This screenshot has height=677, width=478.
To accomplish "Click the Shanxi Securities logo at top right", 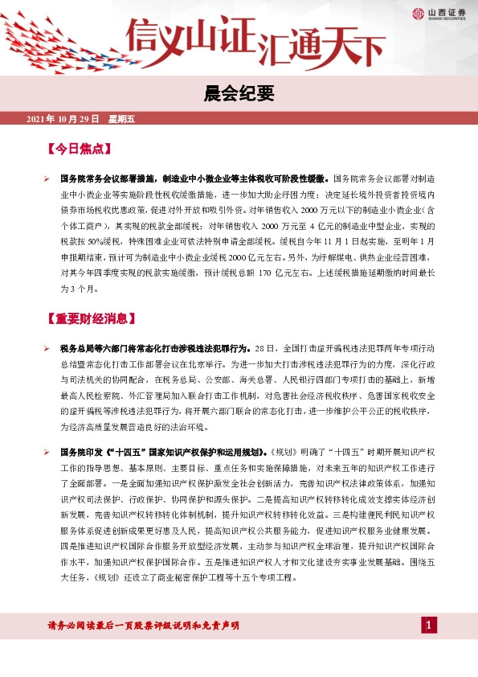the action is click(x=442, y=12).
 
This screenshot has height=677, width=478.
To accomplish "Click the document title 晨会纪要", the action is click(x=239, y=95).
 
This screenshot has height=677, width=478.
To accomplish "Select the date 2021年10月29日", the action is click(x=63, y=119).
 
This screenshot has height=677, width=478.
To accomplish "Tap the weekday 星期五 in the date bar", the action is click(x=122, y=119).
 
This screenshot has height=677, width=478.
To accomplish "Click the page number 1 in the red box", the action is click(x=429, y=625).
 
